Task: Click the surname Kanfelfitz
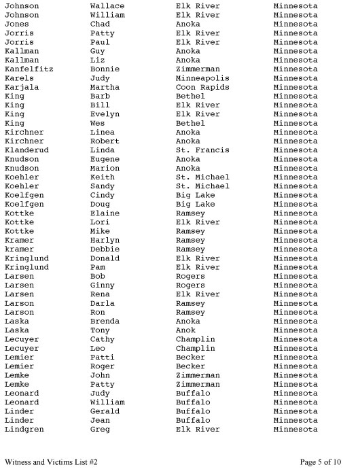pyautogui.click(x=29, y=69)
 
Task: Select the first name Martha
pyautogui.click(x=105, y=87)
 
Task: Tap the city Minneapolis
pyautogui.click(x=202, y=78)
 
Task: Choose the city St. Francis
pyautogui.click(x=202, y=150)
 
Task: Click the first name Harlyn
pyautogui.click(x=105, y=241)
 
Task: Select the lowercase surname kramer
pyautogui.click(x=19, y=249)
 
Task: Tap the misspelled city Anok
pyautogui.click(x=185, y=330)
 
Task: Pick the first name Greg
pyautogui.click(x=100, y=430)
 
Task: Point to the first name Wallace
pyautogui.click(x=107, y=6)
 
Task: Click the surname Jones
pyautogui.click(x=16, y=24)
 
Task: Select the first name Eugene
pyautogui.click(x=105, y=159)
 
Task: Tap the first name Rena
pyautogui.click(x=100, y=294)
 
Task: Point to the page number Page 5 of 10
pyautogui.click(x=321, y=462)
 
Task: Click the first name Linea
pyautogui.click(x=103, y=132)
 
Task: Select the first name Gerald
pyautogui.click(x=105, y=411)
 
